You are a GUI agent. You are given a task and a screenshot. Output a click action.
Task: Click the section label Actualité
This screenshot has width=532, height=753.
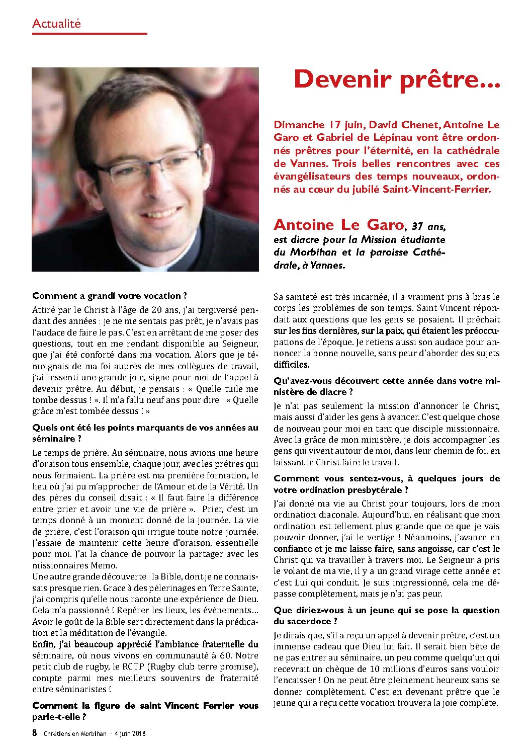(x=56, y=24)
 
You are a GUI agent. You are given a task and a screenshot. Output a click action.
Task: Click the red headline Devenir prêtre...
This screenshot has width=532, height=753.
(x=396, y=79)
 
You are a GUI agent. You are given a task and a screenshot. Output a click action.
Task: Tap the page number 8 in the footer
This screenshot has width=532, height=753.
(x=35, y=733)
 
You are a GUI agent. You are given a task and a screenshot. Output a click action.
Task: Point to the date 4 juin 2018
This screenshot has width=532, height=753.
(x=130, y=733)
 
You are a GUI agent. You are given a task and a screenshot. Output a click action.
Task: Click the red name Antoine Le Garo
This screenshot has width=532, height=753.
(x=338, y=225)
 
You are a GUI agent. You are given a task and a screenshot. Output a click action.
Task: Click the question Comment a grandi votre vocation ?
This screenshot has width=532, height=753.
(x=110, y=296)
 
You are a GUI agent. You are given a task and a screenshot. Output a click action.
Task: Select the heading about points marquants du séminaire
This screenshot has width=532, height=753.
(x=145, y=433)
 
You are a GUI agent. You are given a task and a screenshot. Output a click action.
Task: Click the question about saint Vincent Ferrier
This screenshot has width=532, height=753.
(x=145, y=711)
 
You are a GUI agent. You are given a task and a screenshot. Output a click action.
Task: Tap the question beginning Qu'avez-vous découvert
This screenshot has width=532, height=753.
(x=386, y=386)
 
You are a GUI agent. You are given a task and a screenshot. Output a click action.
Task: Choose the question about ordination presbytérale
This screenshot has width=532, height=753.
(x=386, y=484)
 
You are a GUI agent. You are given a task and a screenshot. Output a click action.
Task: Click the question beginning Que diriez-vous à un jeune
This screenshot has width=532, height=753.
(x=386, y=616)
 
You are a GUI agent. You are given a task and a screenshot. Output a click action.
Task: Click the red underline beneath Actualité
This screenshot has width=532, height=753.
(x=90, y=34)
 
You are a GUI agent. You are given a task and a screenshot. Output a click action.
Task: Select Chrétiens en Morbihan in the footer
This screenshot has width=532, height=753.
(x=74, y=733)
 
